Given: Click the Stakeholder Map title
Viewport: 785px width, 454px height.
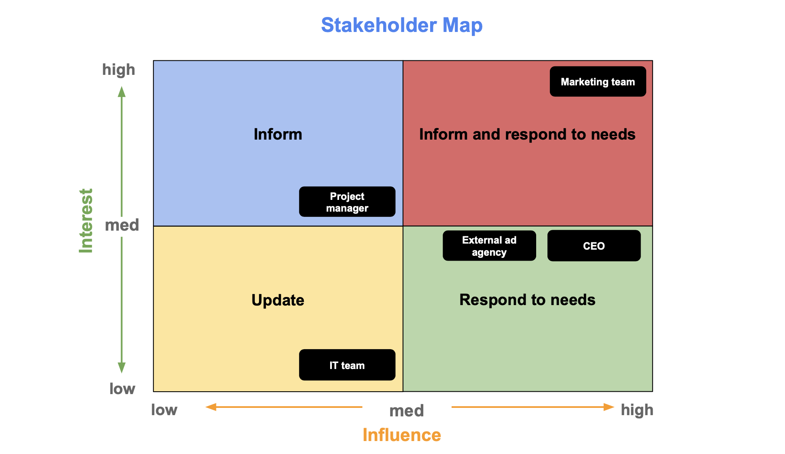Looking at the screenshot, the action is point(402,25).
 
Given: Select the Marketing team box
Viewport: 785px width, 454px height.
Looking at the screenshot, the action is point(598,81).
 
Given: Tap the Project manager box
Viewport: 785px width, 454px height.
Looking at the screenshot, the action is point(347,202).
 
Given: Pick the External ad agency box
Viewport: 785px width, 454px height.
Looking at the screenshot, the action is point(489,246).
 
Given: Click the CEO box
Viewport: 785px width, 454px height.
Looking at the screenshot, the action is point(594,246).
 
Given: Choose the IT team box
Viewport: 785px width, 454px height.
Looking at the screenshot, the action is point(347,365).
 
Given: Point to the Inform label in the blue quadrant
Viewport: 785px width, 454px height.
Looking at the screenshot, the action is point(278,134).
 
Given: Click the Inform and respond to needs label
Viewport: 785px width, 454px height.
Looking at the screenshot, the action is point(527,134).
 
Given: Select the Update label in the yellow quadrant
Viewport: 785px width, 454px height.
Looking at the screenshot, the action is point(278,300).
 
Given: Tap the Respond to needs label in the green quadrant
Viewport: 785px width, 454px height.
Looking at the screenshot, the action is point(527,300).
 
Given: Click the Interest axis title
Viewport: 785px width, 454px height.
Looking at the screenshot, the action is point(86,221).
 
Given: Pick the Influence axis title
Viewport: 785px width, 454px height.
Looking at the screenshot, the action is point(402,435).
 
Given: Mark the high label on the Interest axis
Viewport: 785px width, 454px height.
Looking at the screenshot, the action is point(119,70).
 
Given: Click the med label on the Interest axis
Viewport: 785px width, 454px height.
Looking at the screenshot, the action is point(122,225).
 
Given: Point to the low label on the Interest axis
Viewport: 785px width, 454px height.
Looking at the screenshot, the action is point(122,388).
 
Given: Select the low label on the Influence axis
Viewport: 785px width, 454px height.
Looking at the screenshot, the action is point(164,410).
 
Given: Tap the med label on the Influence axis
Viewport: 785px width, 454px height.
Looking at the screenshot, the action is point(407,411).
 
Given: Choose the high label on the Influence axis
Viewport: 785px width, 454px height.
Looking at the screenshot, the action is point(637,410).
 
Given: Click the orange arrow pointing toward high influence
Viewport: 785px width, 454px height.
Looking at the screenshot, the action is point(533,407).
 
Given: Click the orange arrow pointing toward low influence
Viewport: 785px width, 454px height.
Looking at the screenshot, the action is point(284,407).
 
